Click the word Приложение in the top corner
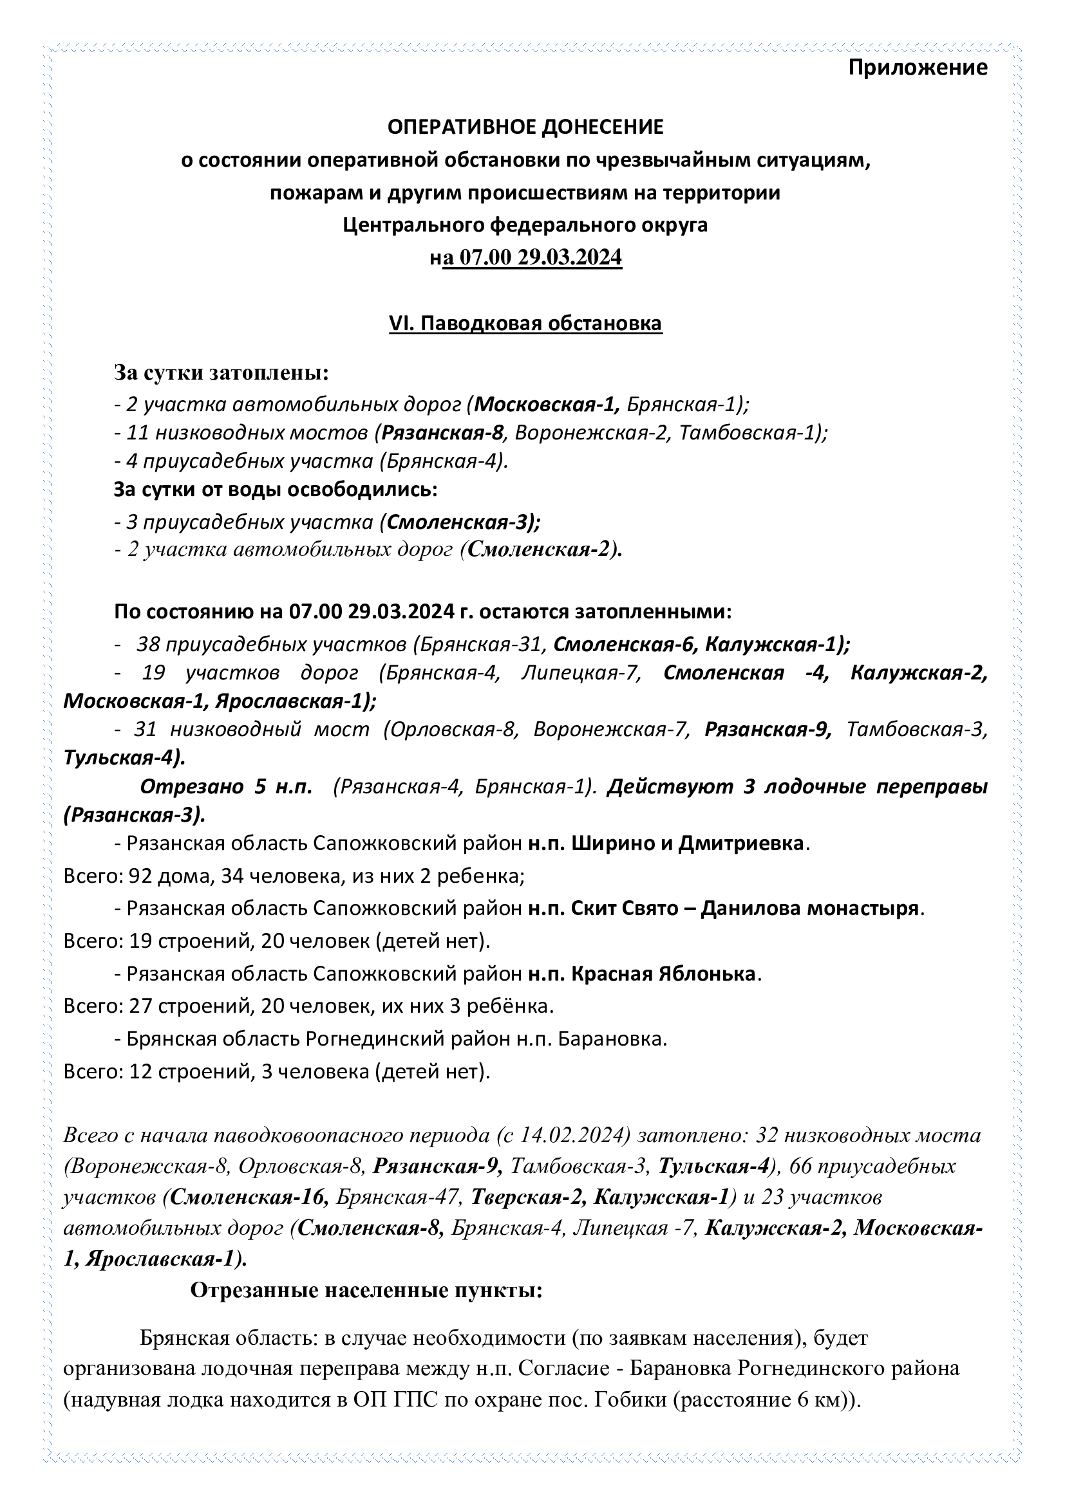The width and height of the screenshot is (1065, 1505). [x=918, y=68]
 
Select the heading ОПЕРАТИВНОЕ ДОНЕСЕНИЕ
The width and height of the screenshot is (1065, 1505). [x=525, y=127]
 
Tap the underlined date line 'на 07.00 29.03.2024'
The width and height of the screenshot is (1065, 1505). [x=525, y=257]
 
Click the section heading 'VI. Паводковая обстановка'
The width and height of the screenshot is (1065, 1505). [x=525, y=324]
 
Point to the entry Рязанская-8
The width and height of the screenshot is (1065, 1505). [x=442, y=432]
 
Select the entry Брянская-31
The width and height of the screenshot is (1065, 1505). [x=483, y=645]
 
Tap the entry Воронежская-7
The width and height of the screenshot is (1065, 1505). [x=612, y=729]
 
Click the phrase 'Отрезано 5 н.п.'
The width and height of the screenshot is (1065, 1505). [x=226, y=786]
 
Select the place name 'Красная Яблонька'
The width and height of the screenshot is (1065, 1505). [x=663, y=974]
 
